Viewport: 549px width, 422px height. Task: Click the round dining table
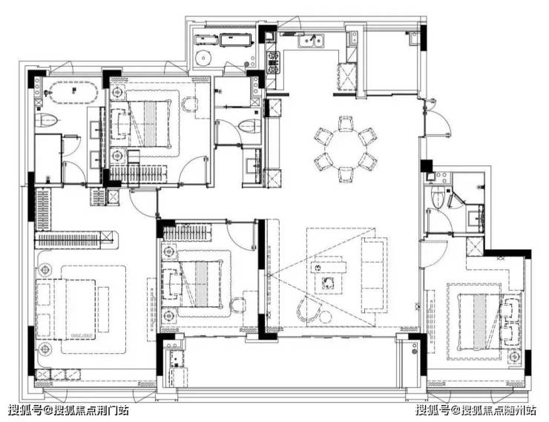pyautogui.click(x=346, y=148)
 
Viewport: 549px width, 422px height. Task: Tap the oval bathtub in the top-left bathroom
pyautogui.click(x=73, y=93)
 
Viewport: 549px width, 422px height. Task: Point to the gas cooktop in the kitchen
pyautogui.click(x=273, y=63)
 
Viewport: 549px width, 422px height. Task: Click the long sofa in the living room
pyautogui.click(x=374, y=275)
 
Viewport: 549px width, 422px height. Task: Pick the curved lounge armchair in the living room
pyautogui.click(x=309, y=309)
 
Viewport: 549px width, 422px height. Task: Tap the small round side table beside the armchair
pyautogui.click(x=326, y=317)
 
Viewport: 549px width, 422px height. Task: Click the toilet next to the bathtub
pyautogui.click(x=46, y=120)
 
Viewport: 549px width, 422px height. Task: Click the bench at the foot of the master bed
pyautogui.click(x=103, y=309)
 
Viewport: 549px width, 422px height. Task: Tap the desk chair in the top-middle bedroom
pyautogui.click(x=189, y=105)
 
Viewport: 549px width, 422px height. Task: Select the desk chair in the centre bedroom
pyautogui.click(x=238, y=305)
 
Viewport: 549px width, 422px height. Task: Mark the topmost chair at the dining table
pyautogui.click(x=346, y=123)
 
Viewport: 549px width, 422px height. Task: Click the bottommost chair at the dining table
pyautogui.click(x=346, y=174)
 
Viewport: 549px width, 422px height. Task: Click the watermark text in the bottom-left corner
pyautogui.click(x=68, y=409)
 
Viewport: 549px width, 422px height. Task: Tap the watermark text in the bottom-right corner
pyautogui.click(x=476, y=409)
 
